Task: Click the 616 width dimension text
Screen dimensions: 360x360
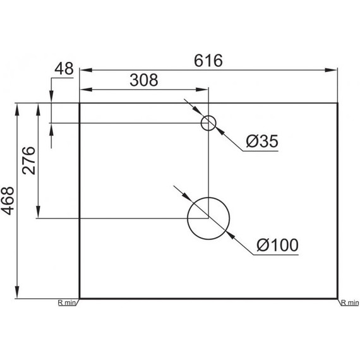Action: pos(208,61)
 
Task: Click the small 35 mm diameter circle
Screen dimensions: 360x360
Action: pos(208,123)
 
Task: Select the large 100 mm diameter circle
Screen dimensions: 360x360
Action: pos(208,218)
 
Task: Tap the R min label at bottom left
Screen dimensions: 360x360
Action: pos(67,303)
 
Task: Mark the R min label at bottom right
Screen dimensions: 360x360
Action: pos(349,303)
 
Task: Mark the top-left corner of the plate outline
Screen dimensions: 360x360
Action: pos(79,102)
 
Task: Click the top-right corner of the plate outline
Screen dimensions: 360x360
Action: pos(338,102)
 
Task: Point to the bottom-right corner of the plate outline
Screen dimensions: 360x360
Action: pos(338,298)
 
